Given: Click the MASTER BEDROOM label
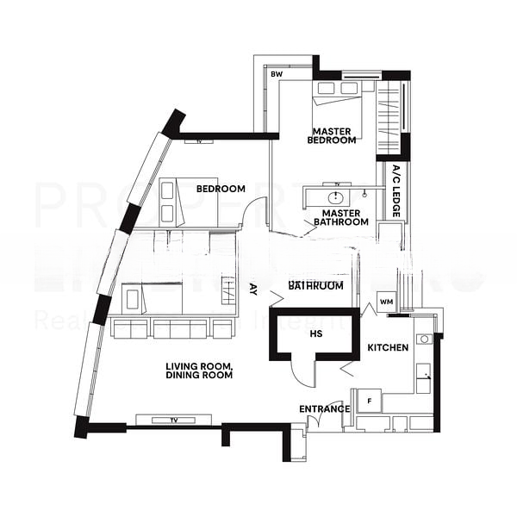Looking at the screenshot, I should (332, 135).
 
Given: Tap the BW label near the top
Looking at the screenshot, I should (277, 75).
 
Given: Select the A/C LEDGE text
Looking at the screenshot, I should (396, 190).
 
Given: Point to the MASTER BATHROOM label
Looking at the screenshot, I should (340, 217).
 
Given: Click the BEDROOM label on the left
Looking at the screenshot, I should (221, 189).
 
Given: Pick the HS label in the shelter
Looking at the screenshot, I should (316, 333).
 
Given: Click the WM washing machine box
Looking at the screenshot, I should (386, 302).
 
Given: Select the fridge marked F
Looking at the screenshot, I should (370, 402).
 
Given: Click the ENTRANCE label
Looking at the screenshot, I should (325, 408).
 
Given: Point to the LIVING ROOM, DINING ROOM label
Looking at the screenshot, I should (199, 371).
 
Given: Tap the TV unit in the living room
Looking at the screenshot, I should (173, 420).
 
